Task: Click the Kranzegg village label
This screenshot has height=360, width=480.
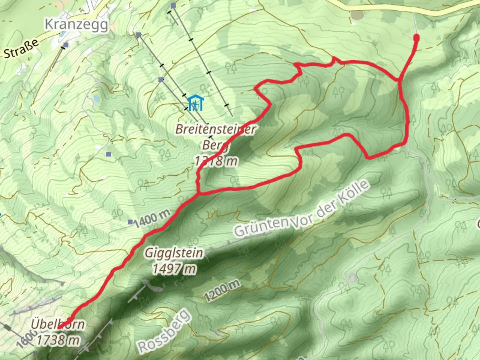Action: tap(76, 24)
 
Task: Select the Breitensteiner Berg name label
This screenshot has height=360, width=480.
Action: tap(216, 129)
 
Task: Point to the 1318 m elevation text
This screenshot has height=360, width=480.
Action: tap(216, 161)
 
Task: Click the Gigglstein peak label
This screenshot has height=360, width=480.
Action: tap(174, 253)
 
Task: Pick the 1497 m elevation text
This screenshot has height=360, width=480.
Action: tap(174, 269)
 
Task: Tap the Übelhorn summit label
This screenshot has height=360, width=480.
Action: tap(58, 324)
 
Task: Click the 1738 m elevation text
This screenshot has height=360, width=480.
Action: tap(58, 340)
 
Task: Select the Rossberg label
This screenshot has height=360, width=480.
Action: tap(164, 331)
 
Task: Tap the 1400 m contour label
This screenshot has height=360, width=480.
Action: tap(152, 218)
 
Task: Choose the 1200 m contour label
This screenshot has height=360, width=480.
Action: tap(222, 290)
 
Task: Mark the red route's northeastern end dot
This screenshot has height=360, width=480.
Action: tap(416, 38)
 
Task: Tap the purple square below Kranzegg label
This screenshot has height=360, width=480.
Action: tap(66, 45)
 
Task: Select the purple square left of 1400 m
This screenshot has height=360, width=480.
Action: tap(130, 222)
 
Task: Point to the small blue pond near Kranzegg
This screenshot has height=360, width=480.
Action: tap(96, 98)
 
